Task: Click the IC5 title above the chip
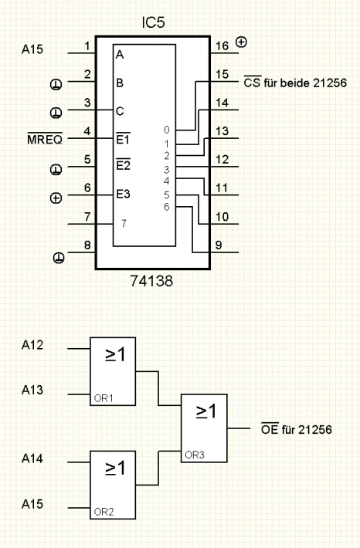tap(153, 22)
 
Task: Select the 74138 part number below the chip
tap(151, 281)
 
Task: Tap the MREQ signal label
tap(45, 139)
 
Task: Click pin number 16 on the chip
tap(222, 46)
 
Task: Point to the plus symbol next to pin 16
tap(241, 42)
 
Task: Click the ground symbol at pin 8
tap(59, 259)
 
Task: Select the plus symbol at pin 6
tap(56, 198)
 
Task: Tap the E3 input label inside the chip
tap(123, 194)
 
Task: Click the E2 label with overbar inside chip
tap(123, 164)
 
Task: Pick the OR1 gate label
tap(104, 398)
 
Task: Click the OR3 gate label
tap(195, 455)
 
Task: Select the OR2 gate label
tap(104, 512)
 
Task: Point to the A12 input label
tap(32, 345)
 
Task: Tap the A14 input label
tap(32, 458)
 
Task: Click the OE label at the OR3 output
tap(270, 428)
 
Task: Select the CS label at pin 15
tap(253, 82)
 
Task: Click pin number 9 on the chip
tap(219, 245)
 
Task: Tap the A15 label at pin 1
tap(32, 49)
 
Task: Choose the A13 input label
tap(32, 390)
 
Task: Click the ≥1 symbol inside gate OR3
tap(206, 411)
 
